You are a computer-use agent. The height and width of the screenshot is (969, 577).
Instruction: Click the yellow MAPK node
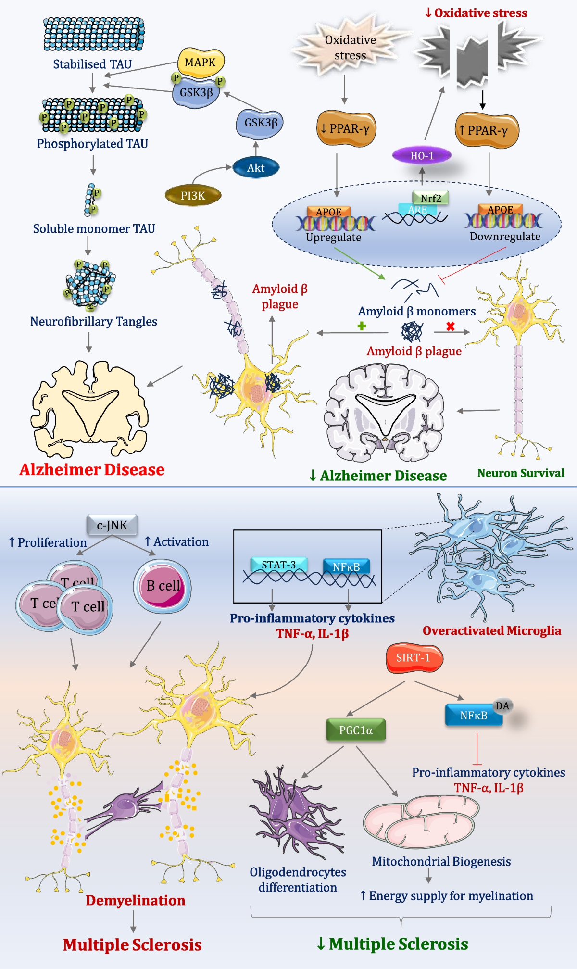[201, 63]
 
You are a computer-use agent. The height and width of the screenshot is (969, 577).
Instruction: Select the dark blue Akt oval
[256, 168]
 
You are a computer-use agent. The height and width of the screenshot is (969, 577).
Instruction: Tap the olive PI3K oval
[193, 195]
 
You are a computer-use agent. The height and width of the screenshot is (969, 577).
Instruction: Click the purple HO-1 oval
[422, 155]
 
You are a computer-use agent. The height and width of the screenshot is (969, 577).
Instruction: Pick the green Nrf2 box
[430, 198]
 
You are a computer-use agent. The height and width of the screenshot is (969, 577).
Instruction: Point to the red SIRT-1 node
[414, 657]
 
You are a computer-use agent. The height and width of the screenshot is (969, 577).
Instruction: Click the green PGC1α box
[356, 730]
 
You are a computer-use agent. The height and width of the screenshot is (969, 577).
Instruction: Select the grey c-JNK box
[112, 525]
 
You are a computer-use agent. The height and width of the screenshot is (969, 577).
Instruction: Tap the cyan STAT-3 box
[278, 565]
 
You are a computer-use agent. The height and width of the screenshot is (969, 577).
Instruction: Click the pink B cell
[163, 586]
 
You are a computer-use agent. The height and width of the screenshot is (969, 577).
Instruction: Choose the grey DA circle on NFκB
[502, 705]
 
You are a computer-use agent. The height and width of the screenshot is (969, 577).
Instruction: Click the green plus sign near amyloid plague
[362, 326]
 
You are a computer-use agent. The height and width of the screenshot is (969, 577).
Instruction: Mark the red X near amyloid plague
[451, 326]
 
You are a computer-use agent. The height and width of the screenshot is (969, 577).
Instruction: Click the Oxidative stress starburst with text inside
[350, 47]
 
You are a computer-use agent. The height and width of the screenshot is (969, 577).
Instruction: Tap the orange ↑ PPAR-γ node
[487, 130]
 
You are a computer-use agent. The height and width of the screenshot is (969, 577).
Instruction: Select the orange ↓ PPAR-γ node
[346, 128]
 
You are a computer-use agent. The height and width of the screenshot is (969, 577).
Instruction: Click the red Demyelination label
[135, 900]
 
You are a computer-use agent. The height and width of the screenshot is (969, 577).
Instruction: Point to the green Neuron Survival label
[521, 473]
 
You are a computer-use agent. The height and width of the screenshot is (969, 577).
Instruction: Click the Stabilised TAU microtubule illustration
[93, 34]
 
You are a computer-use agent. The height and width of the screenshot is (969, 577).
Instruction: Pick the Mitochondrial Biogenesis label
[441, 861]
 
